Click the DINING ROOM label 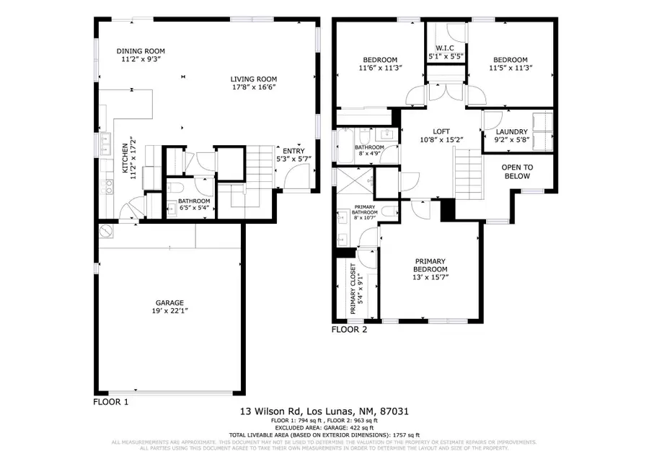(141, 51)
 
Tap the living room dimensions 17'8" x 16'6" (253, 87)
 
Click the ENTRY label (293, 150)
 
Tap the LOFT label (441, 131)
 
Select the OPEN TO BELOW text (516, 172)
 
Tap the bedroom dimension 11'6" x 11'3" (380, 68)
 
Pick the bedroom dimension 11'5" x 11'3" (510, 69)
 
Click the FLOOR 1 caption (111, 401)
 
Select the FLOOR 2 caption (349, 330)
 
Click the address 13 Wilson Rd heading (324, 411)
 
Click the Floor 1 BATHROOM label (194, 201)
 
